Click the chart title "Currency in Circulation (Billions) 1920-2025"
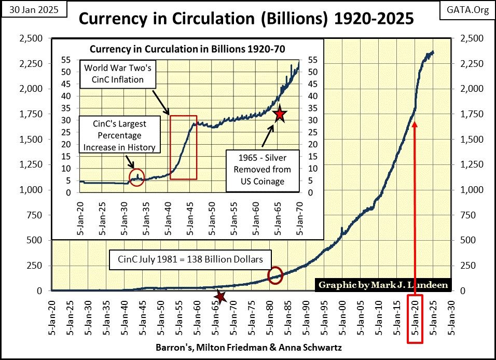click(x=246, y=19)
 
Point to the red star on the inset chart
click(x=280, y=114)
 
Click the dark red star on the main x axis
click(x=221, y=297)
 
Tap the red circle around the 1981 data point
click(x=275, y=274)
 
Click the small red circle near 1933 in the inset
click(x=136, y=177)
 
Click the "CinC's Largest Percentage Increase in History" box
click(x=120, y=135)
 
